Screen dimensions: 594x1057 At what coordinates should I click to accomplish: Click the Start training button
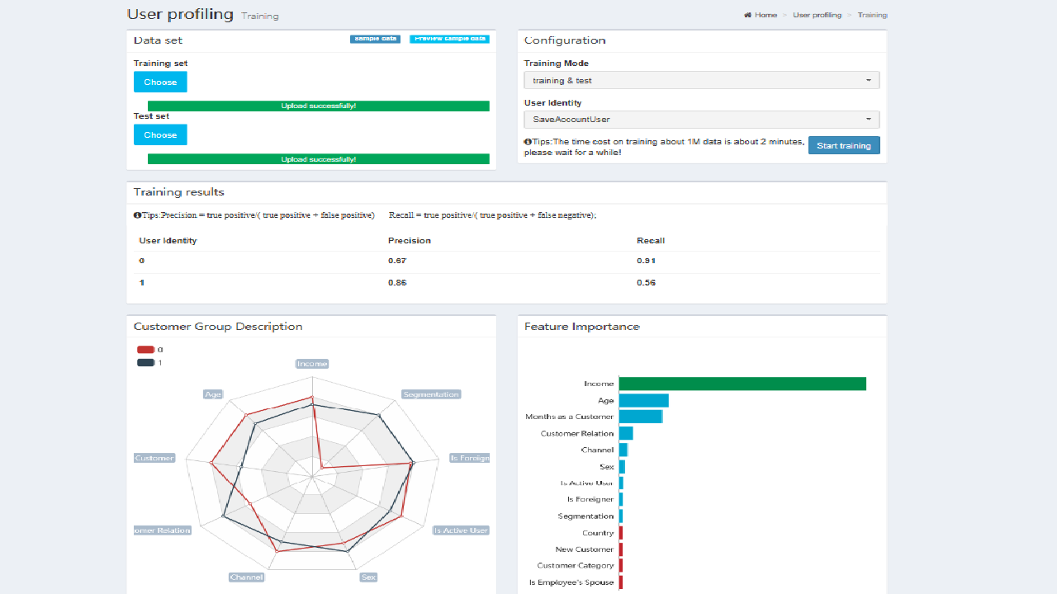coord(844,145)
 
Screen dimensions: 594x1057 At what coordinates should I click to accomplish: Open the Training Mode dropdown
coord(701,80)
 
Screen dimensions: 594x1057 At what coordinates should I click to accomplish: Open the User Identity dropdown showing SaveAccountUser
coord(701,120)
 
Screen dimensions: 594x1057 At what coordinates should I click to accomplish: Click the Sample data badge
coord(375,39)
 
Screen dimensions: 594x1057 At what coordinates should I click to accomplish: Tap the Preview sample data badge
coord(449,39)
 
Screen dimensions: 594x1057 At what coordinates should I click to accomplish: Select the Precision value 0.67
coord(397,261)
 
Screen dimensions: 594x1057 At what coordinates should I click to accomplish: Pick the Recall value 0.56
coord(646,283)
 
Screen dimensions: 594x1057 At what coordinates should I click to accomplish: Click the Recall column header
coord(651,241)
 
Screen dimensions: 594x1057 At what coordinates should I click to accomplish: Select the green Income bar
coord(742,384)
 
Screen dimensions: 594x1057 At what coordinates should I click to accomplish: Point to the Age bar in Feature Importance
coord(643,400)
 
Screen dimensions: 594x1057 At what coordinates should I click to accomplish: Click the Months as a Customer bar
coord(640,417)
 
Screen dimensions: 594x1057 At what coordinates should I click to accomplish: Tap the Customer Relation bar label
coord(577,433)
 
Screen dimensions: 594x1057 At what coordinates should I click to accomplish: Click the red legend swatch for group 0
coord(145,350)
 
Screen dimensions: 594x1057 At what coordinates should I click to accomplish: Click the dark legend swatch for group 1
coord(145,362)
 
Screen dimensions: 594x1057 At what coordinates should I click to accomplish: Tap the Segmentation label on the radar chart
coord(431,394)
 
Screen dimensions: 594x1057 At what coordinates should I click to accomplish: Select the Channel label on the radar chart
coord(246,577)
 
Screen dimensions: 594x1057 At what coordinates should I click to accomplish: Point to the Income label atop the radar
coord(312,364)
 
